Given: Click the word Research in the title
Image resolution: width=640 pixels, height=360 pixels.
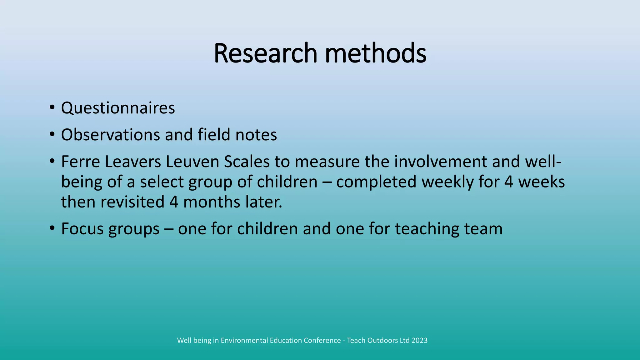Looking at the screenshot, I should click(x=265, y=53).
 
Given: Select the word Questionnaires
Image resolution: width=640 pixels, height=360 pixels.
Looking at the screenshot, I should click(x=118, y=108).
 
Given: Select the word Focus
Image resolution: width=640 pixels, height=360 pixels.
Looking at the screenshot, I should click(x=82, y=229).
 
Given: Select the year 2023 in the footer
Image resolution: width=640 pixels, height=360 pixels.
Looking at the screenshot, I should click(x=419, y=340).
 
